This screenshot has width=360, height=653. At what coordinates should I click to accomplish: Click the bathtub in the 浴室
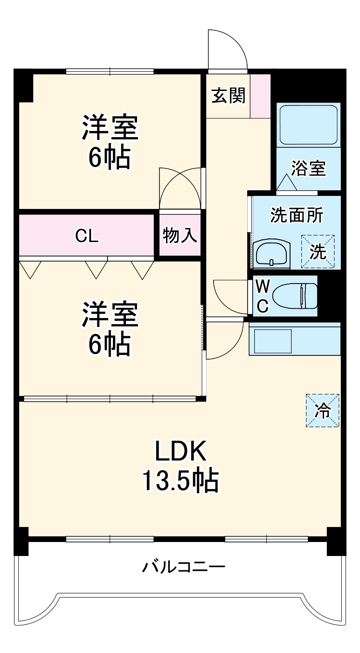(308, 124)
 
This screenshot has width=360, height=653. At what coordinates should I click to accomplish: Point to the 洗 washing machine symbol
(318, 252)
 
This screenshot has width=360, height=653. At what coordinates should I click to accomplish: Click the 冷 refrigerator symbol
(322, 410)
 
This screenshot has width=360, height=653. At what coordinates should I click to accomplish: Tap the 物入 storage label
(180, 236)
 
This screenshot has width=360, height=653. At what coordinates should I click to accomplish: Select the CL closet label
(87, 236)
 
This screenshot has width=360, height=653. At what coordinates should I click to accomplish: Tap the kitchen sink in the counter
(271, 341)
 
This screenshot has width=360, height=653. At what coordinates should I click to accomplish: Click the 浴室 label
(308, 169)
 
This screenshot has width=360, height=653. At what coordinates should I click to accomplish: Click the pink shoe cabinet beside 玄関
(260, 96)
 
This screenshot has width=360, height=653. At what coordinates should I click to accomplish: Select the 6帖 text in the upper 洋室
(110, 159)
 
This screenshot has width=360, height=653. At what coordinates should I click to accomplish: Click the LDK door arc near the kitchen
(224, 340)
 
